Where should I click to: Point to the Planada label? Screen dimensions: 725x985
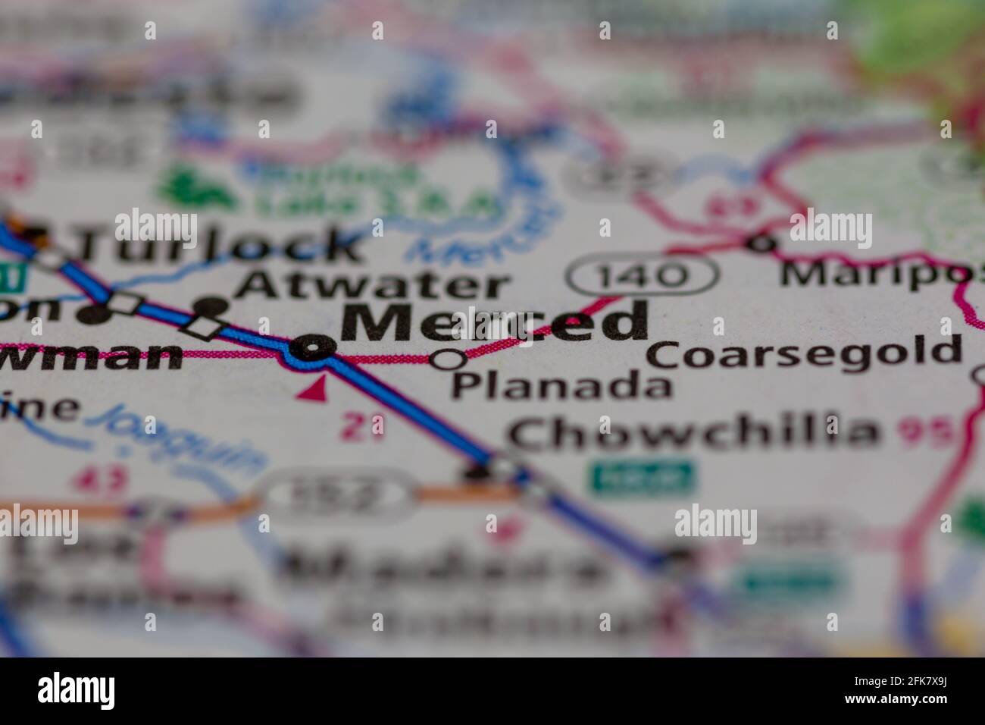[x=561, y=386]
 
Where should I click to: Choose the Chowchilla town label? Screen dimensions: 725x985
[x=693, y=432]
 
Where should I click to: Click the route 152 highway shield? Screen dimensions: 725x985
[x=338, y=495]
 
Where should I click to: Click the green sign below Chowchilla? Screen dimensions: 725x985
[x=643, y=476]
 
